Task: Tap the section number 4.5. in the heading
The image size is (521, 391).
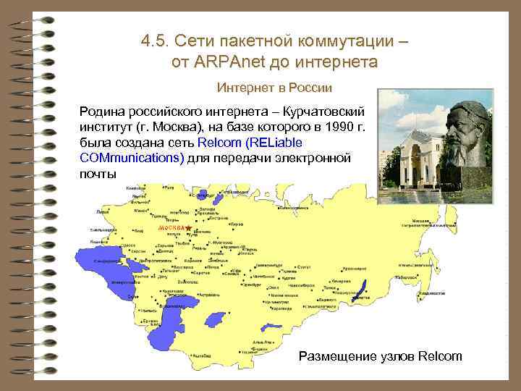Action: [156, 40]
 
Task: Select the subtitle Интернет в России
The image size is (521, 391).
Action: [274, 88]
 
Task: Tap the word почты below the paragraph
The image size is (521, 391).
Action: [97, 174]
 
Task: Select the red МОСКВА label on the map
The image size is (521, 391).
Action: [171, 228]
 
